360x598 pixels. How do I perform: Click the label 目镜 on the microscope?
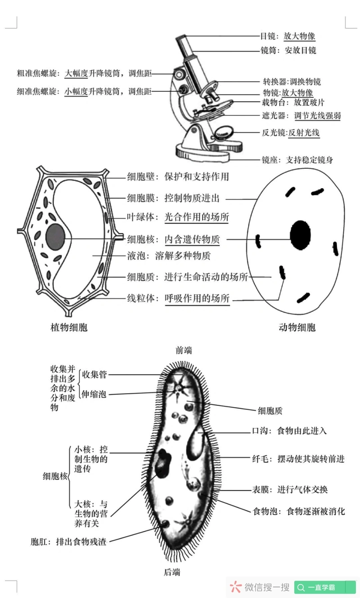[269, 36]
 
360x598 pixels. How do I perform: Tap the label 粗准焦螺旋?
[37, 73]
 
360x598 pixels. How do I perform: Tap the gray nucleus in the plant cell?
[55, 234]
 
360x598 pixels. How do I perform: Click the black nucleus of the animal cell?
[300, 234]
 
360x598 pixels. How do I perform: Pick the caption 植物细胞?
[69, 327]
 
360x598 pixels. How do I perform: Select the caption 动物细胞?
[297, 327]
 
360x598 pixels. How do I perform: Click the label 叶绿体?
[141, 217]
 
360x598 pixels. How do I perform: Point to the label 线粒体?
[141, 298]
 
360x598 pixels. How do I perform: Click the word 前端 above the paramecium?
[184, 350]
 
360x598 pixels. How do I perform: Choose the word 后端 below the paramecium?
[172, 572]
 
